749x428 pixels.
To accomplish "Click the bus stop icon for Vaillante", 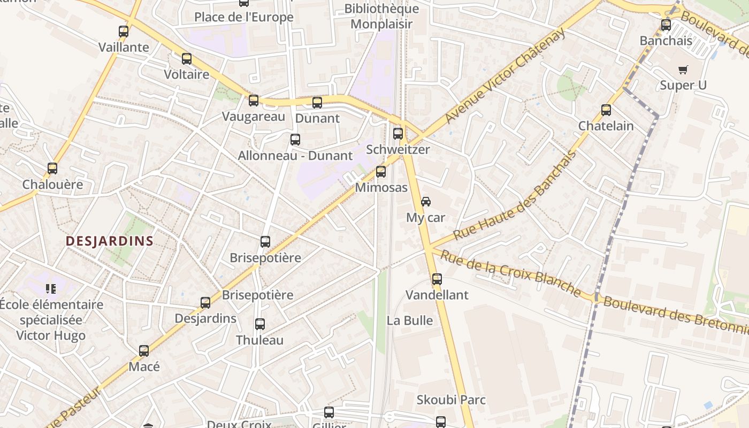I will [124, 32].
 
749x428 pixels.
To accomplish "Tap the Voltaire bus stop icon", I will [187, 59].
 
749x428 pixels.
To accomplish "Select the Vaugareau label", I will [254, 116].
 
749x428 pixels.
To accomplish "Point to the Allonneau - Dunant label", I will [295, 156].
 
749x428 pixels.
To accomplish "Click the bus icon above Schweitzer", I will [398, 134].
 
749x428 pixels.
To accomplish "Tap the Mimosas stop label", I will [381, 188].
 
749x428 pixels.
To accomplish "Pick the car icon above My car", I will [426, 202].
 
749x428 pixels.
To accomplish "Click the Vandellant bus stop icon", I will [437, 279].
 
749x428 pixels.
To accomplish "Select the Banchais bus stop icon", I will [666, 25].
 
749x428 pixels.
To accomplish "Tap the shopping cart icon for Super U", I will [683, 70].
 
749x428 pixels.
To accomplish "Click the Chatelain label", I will [606, 126].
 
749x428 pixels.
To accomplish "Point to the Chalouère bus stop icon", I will [52, 169].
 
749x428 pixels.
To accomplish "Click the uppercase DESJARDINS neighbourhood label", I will [110, 241].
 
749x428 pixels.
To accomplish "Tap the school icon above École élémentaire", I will [51, 289].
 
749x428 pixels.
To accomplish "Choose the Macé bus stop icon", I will [144, 351].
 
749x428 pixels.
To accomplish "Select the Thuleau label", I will [260, 340].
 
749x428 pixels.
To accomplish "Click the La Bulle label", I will [410, 320].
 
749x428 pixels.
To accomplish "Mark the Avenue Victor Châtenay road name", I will [505, 75].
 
